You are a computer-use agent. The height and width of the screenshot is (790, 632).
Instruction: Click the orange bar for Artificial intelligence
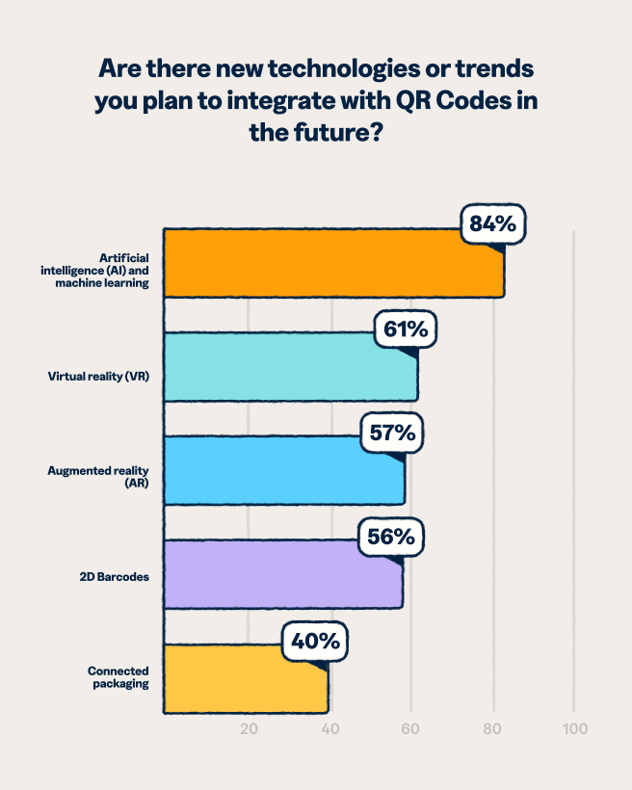(332, 263)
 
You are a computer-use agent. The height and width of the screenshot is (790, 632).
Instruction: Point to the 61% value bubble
(406, 329)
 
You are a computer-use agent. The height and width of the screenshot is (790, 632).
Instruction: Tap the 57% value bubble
(393, 433)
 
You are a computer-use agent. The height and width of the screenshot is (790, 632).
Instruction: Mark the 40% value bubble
(315, 642)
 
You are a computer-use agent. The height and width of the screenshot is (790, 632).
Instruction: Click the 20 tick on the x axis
(249, 728)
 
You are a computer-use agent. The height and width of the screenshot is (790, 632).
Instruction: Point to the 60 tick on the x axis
(411, 728)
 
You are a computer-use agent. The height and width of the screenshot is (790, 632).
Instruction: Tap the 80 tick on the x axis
(493, 728)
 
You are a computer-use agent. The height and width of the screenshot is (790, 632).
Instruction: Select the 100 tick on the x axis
(574, 728)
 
